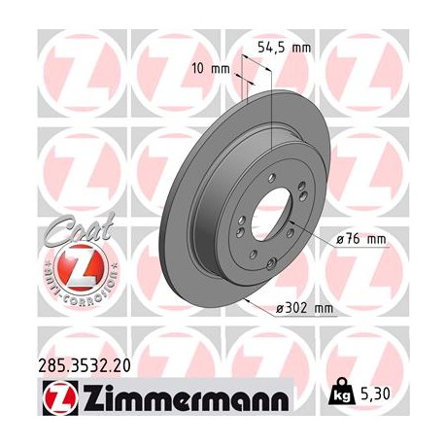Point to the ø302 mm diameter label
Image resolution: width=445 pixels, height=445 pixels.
coord(312,309)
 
